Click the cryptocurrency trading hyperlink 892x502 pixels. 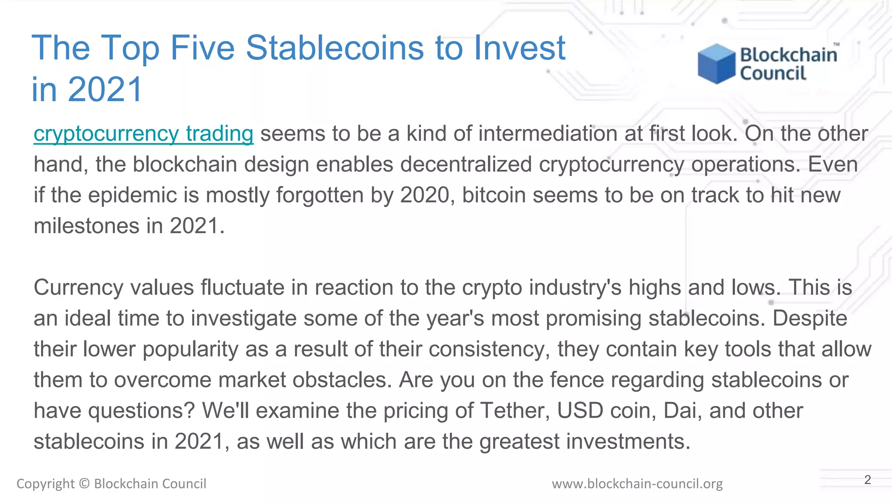tap(143, 134)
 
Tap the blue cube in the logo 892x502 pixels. tap(716, 64)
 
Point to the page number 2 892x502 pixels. tap(867, 480)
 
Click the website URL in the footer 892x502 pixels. tap(637, 484)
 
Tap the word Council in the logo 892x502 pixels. tap(773, 73)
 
